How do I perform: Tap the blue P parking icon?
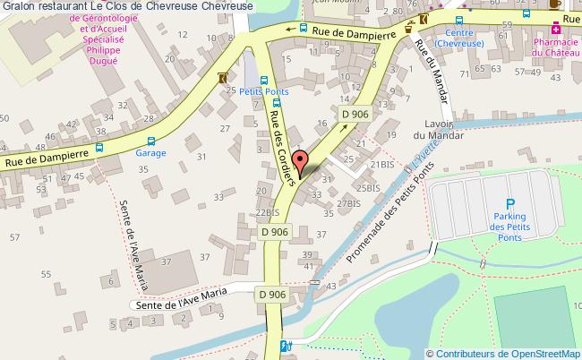[510, 203]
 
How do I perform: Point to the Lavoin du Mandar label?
[438, 130]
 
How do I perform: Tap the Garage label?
[150, 152]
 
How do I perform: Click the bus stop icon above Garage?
[151, 140]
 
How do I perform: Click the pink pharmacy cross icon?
[556, 29]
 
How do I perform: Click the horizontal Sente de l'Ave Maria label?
[183, 304]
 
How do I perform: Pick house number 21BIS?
[381, 164]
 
